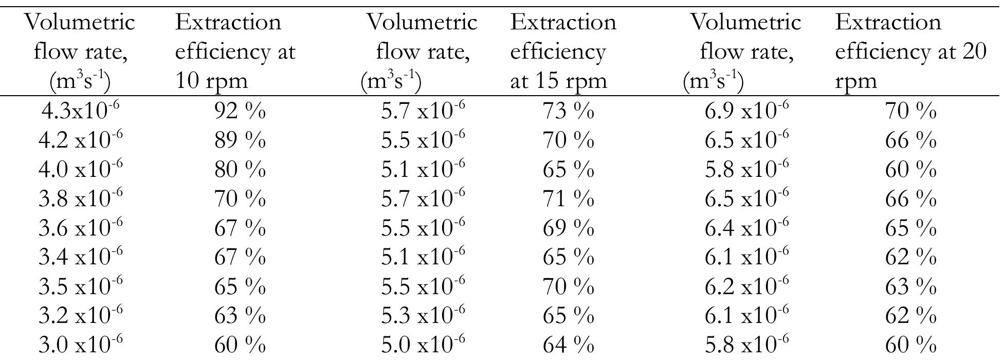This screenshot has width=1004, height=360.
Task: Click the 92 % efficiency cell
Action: (x=240, y=111)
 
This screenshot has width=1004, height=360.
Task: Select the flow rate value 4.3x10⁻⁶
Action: (x=81, y=111)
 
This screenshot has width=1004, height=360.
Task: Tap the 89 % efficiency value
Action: (x=240, y=140)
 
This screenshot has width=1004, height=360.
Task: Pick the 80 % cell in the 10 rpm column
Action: (x=240, y=170)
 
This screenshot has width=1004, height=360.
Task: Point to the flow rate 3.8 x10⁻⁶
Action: (x=81, y=199)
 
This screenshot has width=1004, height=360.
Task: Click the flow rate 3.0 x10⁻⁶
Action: (x=81, y=345)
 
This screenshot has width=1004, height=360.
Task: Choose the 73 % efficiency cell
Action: (x=568, y=111)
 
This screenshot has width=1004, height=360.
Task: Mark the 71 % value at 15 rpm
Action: (x=568, y=199)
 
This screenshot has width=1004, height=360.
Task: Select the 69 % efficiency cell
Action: (x=568, y=228)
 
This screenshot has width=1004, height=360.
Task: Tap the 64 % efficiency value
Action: (x=568, y=345)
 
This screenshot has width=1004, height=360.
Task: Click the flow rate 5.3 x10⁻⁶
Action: (x=423, y=315)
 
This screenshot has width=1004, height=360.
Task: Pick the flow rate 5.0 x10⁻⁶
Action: (x=423, y=345)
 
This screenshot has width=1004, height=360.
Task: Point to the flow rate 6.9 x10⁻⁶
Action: (x=746, y=111)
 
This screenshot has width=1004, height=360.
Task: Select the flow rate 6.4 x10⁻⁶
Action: (x=746, y=228)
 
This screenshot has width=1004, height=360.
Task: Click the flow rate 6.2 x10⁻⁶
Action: (x=746, y=286)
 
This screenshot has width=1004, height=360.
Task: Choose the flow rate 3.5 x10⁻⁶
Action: (x=81, y=286)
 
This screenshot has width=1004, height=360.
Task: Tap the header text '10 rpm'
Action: (x=211, y=81)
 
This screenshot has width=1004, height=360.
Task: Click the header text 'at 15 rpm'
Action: (x=558, y=81)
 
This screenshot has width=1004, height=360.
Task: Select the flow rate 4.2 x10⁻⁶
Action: (x=81, y=140)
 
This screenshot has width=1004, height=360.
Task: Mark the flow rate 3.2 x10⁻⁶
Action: (x=81, y=315)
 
